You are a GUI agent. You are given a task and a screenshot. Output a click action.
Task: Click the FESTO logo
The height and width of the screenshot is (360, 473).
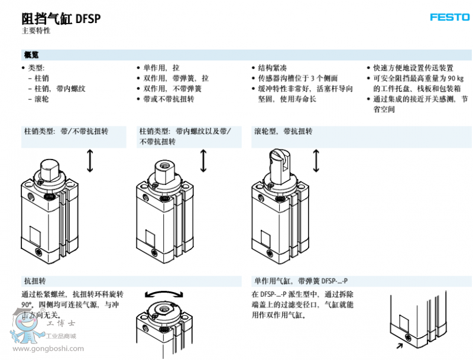coord(449,17)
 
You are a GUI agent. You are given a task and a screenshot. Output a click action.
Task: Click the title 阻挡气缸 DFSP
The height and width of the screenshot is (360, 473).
coord(61,18)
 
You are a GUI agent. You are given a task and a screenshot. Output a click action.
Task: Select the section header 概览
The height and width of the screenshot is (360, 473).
coord(31,55)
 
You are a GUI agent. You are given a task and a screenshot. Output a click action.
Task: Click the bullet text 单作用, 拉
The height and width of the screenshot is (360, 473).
coord(157,68)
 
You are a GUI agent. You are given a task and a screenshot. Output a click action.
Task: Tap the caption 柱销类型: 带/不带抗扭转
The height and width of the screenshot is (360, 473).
coord(66,131)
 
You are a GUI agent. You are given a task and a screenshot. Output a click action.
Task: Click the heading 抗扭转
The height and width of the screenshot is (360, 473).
coord(34,281)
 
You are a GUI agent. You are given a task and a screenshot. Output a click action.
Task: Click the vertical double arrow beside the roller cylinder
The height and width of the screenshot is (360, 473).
coord(316,161)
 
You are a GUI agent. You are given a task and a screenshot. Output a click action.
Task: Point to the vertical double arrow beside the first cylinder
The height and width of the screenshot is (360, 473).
coord(90,161)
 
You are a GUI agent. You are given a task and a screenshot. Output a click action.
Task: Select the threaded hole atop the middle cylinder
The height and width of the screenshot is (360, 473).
coord(163,164)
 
